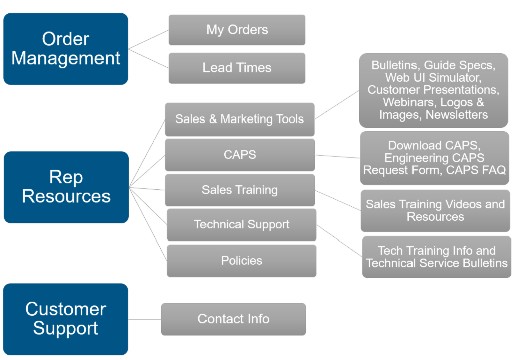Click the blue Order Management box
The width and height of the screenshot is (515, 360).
[x=65, y=49]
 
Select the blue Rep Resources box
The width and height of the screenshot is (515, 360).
[x=66, y=187]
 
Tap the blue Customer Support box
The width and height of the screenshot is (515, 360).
[x=65, y=319]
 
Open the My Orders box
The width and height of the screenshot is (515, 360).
[x=237, y=30]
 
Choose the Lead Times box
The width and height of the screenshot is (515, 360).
[x=237, y=68]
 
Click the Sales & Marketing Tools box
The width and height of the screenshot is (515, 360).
[x=239, y=119]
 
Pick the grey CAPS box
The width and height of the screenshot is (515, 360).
[x=239, y=155]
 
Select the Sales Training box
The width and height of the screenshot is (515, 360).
[x=239, y=190]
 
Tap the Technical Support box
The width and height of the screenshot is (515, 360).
[x=241, y=224]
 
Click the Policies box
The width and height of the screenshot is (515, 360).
[x=241, y=261]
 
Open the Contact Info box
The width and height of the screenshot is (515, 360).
[x=233, y=319]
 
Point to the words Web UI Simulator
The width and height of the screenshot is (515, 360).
[x=434, y=78]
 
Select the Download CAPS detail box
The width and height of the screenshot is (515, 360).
[x=434, y=158]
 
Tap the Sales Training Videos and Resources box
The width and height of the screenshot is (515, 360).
[x=435, y=211]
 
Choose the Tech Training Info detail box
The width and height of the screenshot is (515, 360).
[x=436, y=257]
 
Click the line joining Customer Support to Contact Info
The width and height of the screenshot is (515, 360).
[x=145, y=319]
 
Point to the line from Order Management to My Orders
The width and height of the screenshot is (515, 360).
[x=148, y=39]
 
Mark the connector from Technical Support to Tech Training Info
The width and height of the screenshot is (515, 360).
[x=339, y=241]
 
